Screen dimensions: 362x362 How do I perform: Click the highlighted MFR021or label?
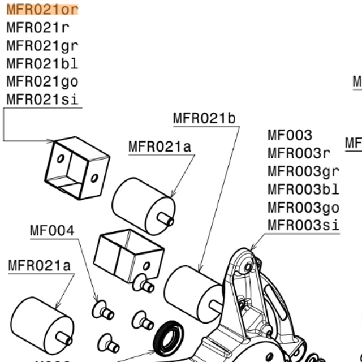(42, 10)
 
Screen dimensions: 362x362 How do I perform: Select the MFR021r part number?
(37, 27)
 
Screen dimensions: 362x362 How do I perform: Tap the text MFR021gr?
(42, 45)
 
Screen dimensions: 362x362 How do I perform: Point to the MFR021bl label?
(42, 63)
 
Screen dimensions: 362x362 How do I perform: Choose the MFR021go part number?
(42, 81)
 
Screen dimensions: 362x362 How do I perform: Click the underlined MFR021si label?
(42, 100)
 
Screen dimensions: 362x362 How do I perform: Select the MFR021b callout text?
(204, 118)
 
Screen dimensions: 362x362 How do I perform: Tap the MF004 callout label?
(52, 231)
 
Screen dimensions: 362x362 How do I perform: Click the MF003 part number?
(290, 135)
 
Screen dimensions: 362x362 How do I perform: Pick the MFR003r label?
(299, 153)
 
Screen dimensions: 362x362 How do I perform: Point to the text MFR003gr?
(303, 171)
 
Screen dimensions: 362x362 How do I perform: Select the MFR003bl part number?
(303, 189)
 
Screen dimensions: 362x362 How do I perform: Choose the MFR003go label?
(303, 207)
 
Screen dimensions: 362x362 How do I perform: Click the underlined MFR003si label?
(303, 225)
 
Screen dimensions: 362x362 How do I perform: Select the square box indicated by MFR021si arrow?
(76, 167)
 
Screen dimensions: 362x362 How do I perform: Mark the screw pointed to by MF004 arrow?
(101, 309)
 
